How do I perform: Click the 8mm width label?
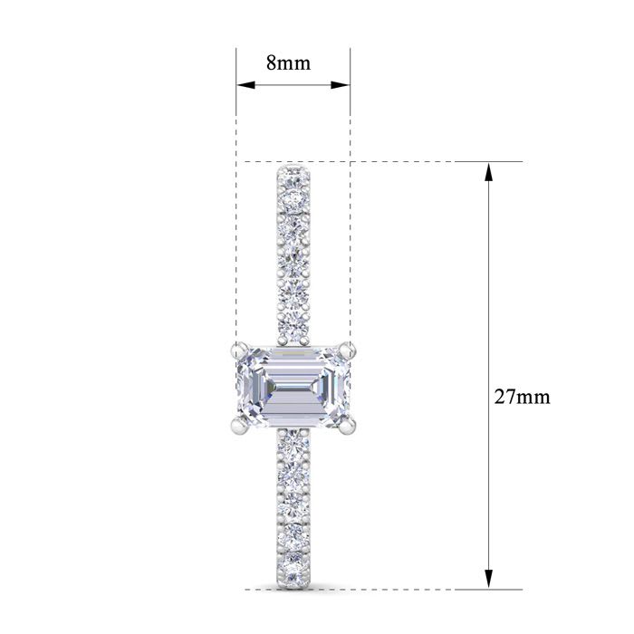pyautogui.click(x=288, y=63)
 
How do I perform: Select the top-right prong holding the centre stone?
pyautogui.click(x=346, y=346)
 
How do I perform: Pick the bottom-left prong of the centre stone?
pyautogui.click(x=237, y=423)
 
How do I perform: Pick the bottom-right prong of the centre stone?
pyautogui.click(x=350, y=422)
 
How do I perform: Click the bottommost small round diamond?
pyautogui.click(x=293, y=571)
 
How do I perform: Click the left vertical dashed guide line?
pyautogui.click(x=236, y=226)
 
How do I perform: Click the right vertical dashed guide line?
pyautogui.click(x=351, y=226)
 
